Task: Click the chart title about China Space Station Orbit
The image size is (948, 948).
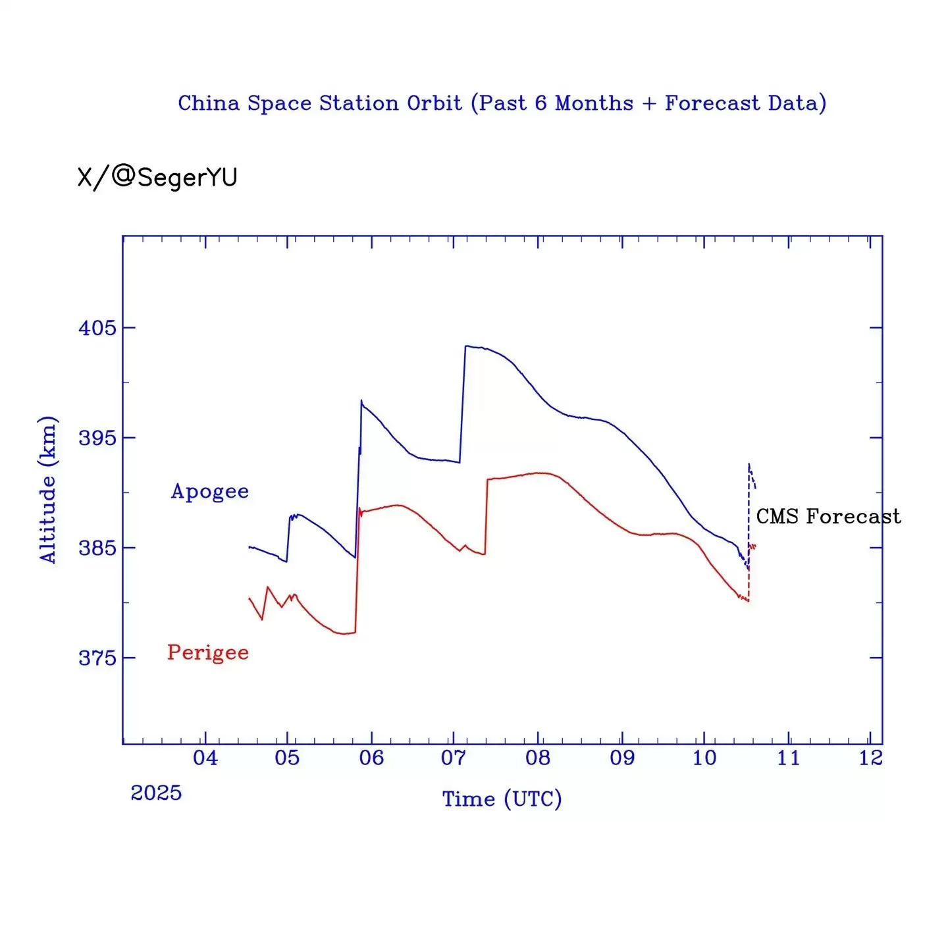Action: point(502,103)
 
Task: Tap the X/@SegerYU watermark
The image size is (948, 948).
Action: point(157,177)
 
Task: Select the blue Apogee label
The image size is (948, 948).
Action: point(210,491)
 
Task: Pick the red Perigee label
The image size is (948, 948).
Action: point(208,652)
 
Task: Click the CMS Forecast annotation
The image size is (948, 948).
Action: point(828,516)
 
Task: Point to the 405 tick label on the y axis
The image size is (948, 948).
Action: point(97,328)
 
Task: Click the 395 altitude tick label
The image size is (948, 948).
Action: point(97,438)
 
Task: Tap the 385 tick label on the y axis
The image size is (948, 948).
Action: point(97,548)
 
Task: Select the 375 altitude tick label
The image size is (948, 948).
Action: point(97,658)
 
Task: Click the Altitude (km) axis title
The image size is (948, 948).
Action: point(47,490)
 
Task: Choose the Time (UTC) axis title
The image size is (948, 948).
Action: point(502,799)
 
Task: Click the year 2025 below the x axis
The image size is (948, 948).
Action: point(156,793)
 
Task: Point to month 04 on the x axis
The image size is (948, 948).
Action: point(205,758)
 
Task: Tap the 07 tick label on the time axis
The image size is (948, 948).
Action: point(454,758)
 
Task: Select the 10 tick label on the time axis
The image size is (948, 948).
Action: point(704,758)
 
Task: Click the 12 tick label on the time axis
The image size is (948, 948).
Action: point(870,758)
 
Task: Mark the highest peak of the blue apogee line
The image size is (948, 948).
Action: point(466,346)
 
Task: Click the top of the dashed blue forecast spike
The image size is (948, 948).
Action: point(749,464)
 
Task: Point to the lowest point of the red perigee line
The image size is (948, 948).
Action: point(344,634)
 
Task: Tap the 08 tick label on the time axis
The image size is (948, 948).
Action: point(538,758)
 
